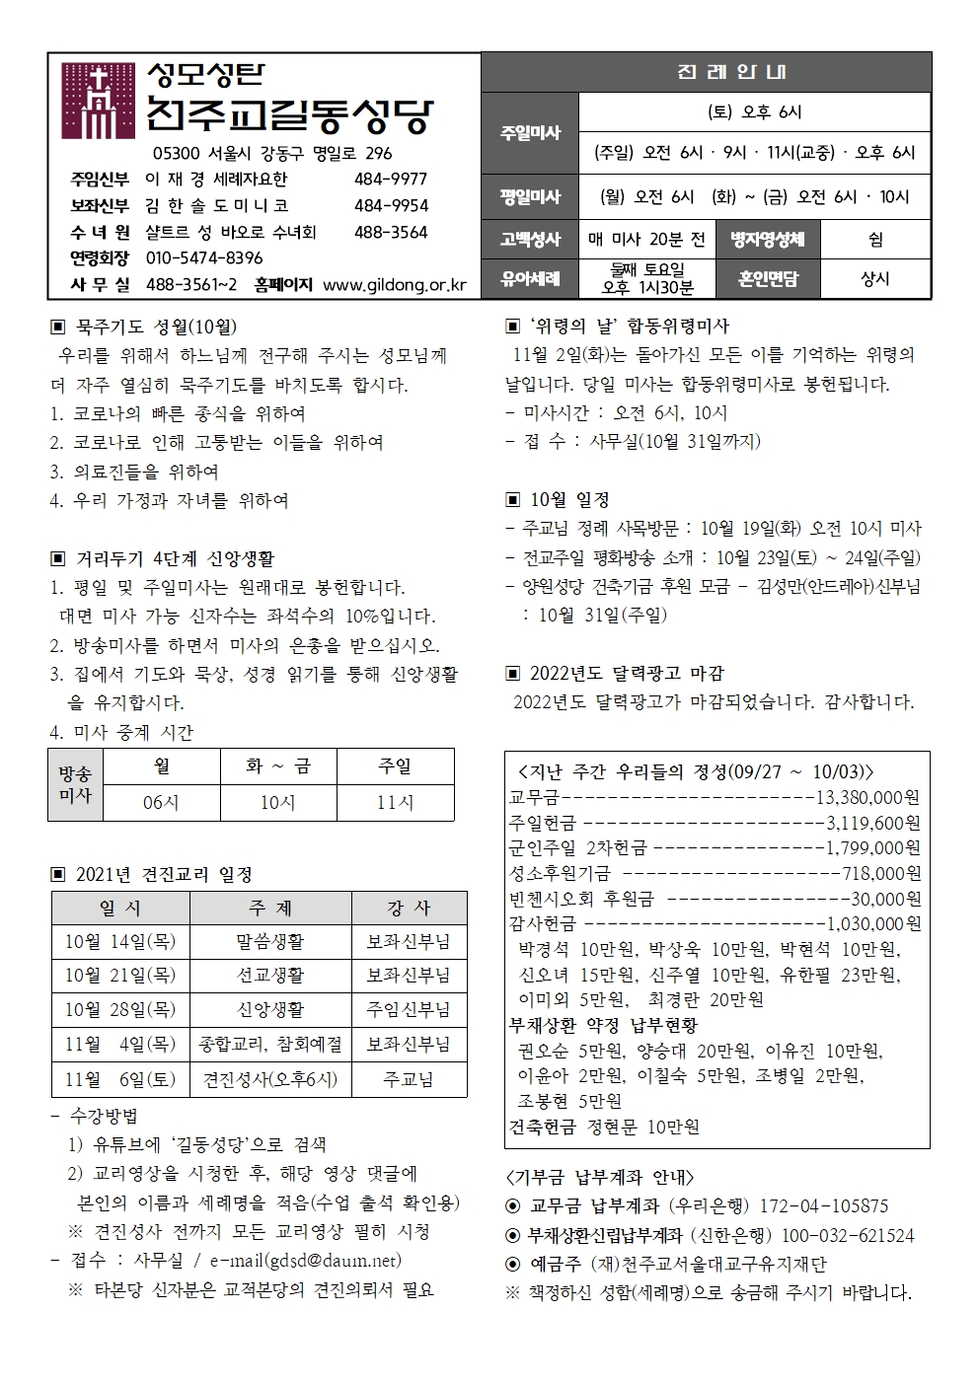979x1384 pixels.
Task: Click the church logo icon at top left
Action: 98,101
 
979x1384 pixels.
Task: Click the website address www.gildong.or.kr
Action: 395,285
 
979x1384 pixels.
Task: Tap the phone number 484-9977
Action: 391,180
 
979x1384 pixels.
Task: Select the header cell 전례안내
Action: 706,73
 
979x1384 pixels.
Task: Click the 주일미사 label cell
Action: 530,133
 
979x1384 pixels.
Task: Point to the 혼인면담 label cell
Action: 768,279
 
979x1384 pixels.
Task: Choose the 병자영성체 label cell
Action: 768,239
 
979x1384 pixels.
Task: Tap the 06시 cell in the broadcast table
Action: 161,803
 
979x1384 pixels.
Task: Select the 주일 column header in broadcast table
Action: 395,766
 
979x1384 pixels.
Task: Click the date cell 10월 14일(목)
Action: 120,942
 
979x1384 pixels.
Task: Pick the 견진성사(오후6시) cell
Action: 270,1079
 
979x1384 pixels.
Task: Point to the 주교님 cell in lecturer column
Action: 409,1079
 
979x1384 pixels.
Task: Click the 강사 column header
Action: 409,908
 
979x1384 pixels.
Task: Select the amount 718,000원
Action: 881,873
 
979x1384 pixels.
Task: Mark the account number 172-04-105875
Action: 824,1206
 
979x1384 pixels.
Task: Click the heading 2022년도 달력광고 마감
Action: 627,674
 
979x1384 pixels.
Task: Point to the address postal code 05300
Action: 177,154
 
